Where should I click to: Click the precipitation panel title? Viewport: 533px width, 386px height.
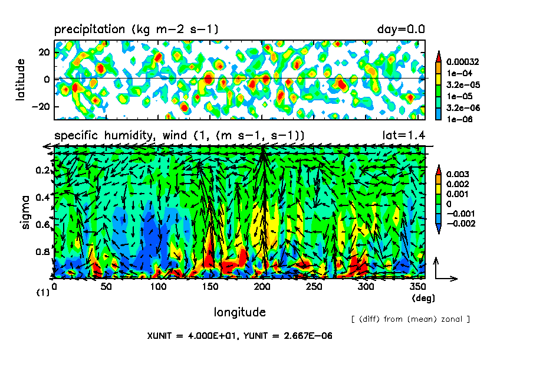click(x=136, y=28)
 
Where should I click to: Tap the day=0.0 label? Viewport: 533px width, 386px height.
click(x=401, y=28)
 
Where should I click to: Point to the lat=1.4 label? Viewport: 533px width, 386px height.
click(x=404, y=135)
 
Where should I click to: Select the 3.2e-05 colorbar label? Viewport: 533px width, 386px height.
click(x=463, y=84)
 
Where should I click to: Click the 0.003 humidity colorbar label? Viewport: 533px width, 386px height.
click(x=459, y=175)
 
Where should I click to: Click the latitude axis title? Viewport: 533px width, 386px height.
click(x=21, y=79)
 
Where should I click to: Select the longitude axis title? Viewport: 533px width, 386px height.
click(x=239, y=312)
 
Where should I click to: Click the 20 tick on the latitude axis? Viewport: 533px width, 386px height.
click(x=42, y=51)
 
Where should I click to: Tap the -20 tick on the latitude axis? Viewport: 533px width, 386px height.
click(x=40, y=106)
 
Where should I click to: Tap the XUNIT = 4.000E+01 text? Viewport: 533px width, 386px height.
click(x=193, y=336)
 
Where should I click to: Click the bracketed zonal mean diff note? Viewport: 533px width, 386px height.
click(x=410, y=319)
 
